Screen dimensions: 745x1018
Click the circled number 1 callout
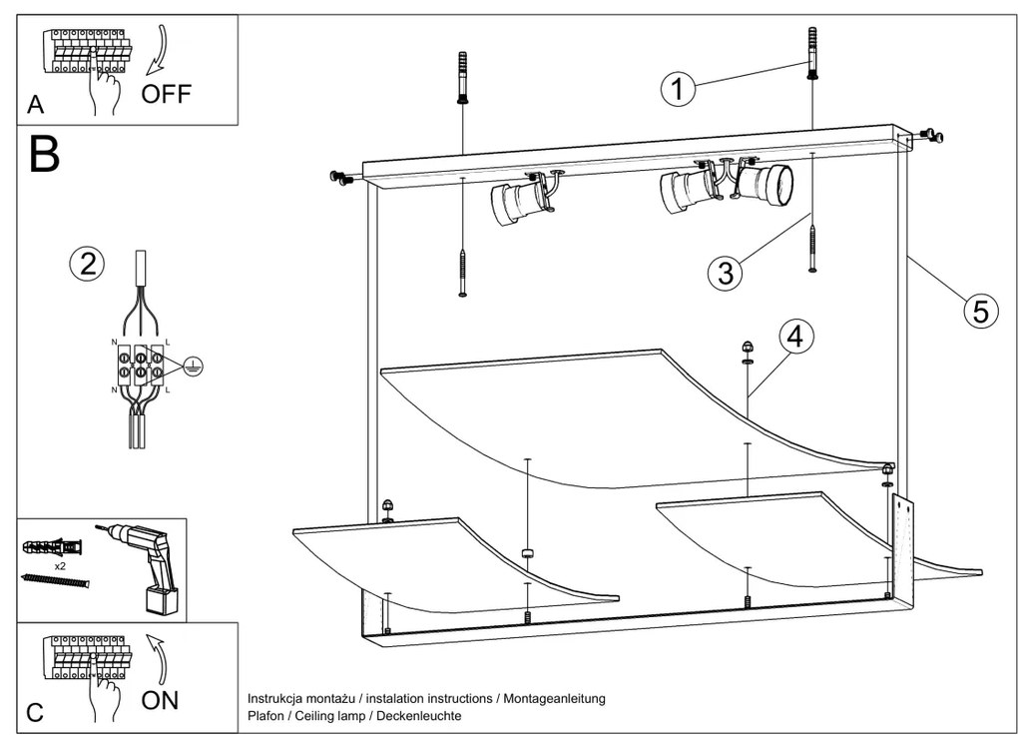click(x=678, y=90)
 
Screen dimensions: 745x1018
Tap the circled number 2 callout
click(x=87, y=264)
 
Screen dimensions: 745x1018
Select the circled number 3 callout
click(x=726, y=272)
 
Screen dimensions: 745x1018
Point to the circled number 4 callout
click(x=794, y=337)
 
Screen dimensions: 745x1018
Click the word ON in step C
click(x=160, y=700)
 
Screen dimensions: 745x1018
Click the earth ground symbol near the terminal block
click(x=192, y=367)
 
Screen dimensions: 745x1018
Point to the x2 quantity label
click(x=61, y=564)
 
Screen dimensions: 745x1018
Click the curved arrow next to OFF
click(x=158, y=50)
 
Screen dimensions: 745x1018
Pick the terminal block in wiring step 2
click(x=141, y=363)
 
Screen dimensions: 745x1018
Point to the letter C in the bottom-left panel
click(x=35, y=713)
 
